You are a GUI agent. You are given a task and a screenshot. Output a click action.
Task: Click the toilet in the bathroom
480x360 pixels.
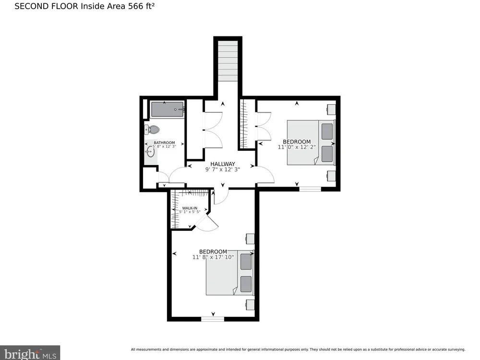152,130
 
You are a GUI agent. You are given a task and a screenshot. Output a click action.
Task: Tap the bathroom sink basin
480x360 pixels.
150,151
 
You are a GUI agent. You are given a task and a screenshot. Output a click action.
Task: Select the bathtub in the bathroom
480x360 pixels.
168,109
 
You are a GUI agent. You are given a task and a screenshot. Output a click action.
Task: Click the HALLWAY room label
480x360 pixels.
223,164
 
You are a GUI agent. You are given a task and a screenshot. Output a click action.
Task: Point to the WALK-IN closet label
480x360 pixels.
190,208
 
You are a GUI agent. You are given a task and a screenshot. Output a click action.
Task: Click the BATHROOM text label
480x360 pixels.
164,143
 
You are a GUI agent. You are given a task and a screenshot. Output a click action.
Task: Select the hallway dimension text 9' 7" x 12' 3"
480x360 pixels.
223,169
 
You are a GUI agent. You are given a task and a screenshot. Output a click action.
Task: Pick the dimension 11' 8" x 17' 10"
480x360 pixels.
213,257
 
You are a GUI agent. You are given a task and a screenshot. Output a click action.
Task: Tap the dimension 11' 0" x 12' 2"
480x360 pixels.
297,147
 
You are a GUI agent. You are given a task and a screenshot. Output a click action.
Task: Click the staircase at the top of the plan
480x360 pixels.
228,61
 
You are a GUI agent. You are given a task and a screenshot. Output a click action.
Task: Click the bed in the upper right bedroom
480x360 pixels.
311,143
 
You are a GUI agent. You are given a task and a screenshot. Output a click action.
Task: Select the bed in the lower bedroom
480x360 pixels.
230,273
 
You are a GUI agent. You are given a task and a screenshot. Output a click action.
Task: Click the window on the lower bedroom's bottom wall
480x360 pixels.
213,319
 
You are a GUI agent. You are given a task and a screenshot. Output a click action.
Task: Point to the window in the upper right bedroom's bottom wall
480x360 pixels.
310,189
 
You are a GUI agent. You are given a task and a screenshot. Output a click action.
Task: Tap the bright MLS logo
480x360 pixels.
30,353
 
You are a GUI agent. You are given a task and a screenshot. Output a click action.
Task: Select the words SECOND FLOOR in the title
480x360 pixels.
46,6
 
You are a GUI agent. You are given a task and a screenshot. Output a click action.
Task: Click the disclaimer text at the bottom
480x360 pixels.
298,349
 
